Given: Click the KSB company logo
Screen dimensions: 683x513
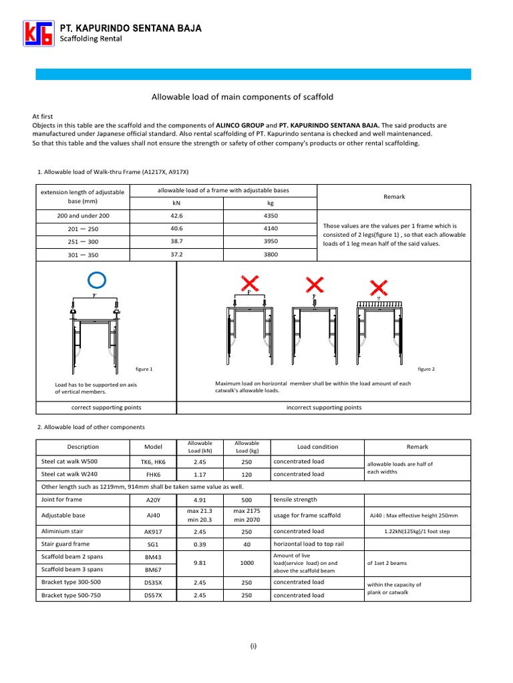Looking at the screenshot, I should click(x=37, y=33).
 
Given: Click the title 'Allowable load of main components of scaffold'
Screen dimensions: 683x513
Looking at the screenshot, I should click(x=243, y=97).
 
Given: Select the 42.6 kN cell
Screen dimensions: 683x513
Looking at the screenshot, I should click(x=176, y=216).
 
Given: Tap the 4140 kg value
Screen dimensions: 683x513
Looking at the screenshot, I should click(x=271, y=228).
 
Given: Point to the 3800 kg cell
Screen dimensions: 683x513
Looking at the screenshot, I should click(x=271, y=253).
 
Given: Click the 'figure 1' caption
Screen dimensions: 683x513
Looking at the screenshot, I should click(x=144, y=369).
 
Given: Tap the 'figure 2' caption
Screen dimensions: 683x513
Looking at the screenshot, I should click(x=426, y=369).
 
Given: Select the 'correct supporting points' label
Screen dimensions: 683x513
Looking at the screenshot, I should click(x=106, y=407).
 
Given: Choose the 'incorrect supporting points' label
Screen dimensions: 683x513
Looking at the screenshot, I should click(x=324, y=407).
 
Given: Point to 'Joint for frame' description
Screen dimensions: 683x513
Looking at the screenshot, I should click(x=62, y=499).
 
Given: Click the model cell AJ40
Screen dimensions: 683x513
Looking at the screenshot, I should click(x=153, y=515).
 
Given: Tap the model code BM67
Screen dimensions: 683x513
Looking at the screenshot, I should click(x=153, y=570).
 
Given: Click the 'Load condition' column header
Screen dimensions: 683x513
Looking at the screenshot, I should click(x=317, y=447).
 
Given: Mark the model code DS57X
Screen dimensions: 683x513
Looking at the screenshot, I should click(x=153, y=595).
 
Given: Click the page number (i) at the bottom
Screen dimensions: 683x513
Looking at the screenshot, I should click(x=254, y=646).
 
